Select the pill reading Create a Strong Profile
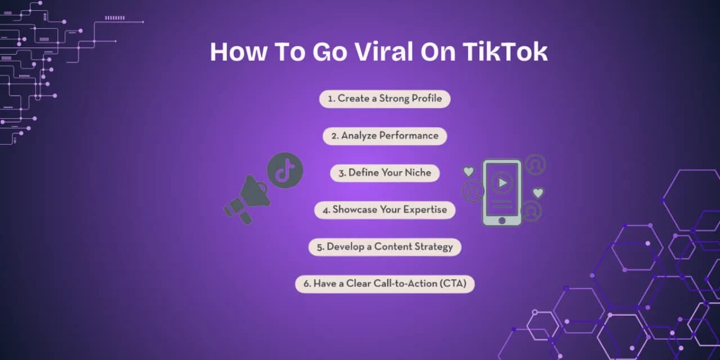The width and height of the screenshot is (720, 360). click(x=385, y=98)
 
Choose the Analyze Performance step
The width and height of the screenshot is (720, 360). click(x=385, y=136)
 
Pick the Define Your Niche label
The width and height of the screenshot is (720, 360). click(x=385, y=173)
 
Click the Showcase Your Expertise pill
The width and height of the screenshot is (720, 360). click(x=385, y=210)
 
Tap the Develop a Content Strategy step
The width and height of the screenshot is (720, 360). click(x=385, y=247)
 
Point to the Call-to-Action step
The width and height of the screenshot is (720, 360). click(x=385, y=284)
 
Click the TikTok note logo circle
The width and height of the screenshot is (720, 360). click(x=285, y=170)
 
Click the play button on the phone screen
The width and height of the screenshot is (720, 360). click(x=502, y=182)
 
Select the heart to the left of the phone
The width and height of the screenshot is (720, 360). click(x=469, y=171)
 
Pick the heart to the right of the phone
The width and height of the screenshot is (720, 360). click(x=538, y=193)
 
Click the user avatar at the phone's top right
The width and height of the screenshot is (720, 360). click(x=535, y=165)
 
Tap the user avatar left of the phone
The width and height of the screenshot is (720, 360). click(x=472, y=191)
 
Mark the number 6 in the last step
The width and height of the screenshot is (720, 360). click(x=307, y=284)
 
